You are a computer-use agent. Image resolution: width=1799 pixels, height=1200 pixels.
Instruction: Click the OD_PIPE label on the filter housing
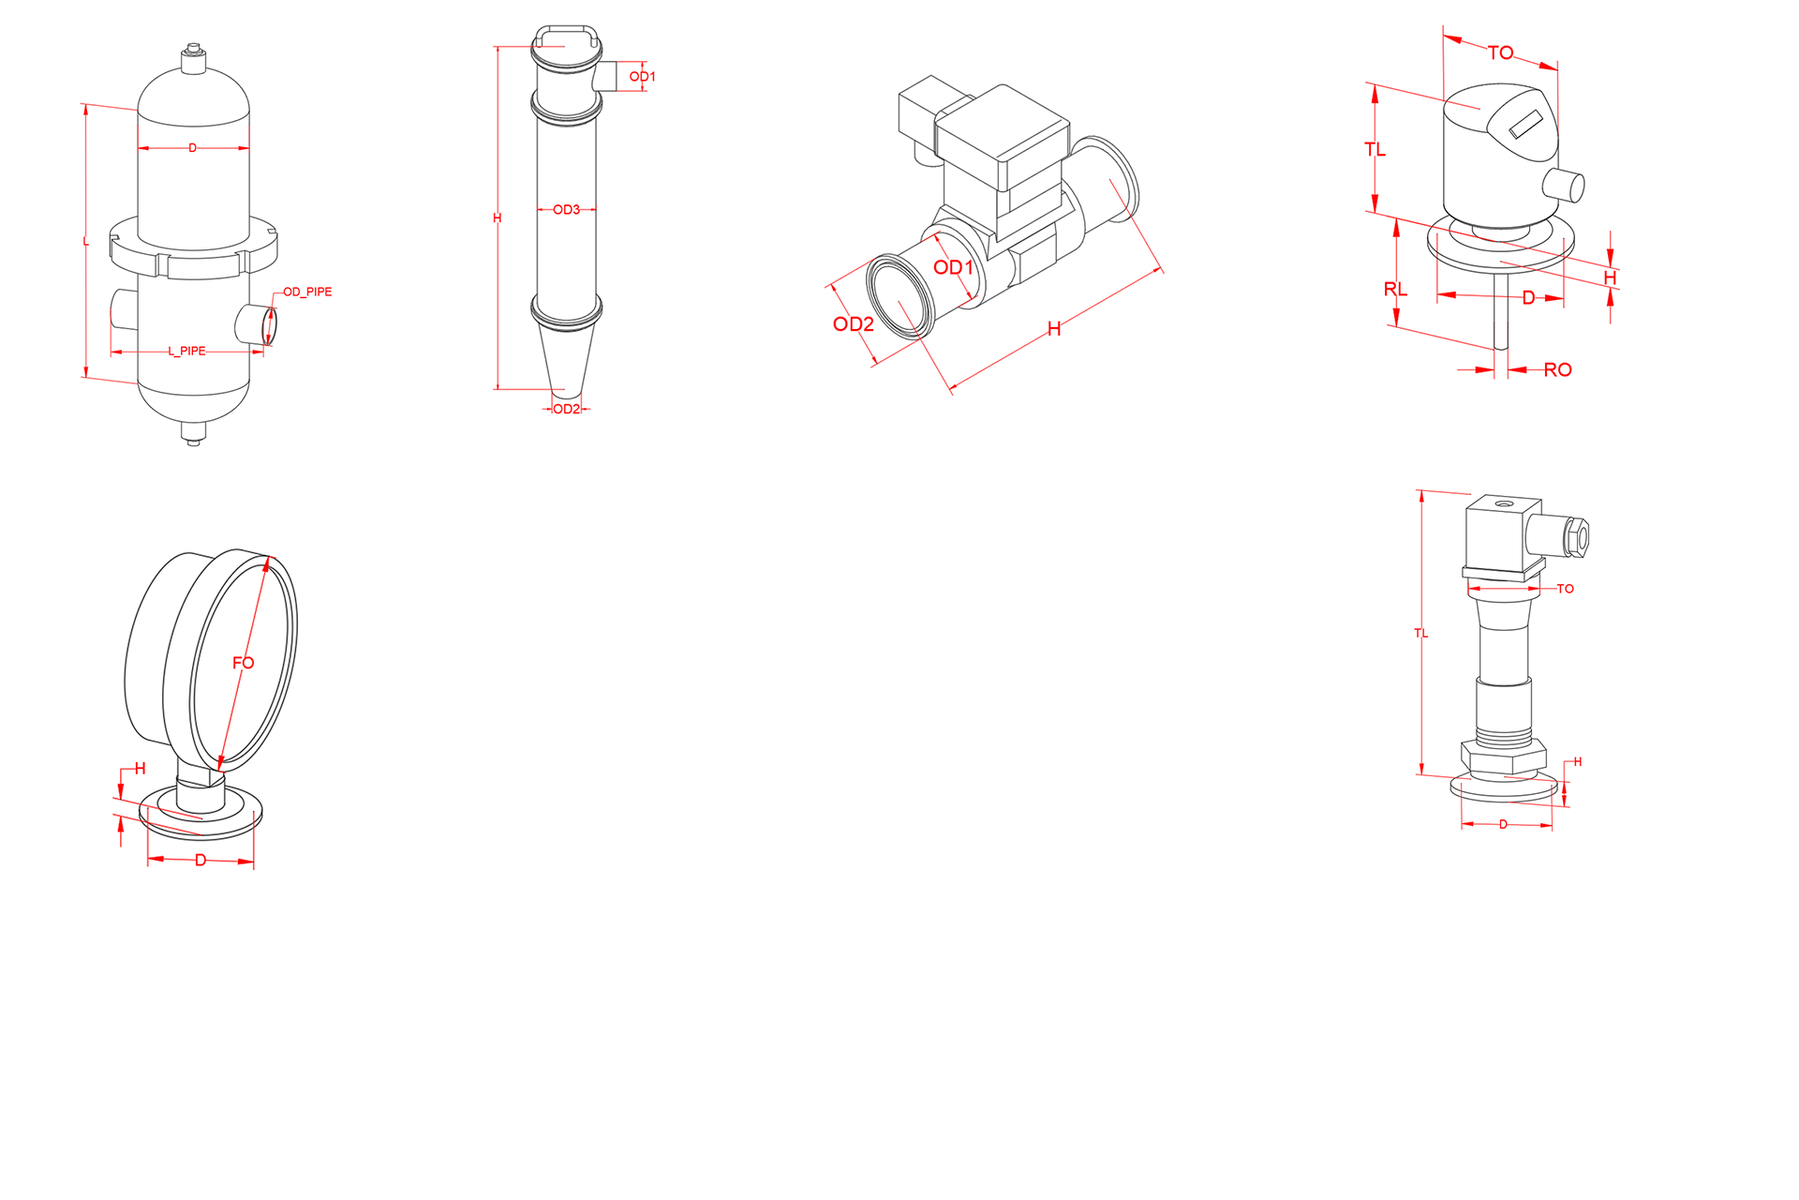click(x=307, y=292)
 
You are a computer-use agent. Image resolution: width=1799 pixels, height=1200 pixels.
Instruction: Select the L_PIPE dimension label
click(x=186, y=351)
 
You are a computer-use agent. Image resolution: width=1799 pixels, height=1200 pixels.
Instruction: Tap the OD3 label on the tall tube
click(x=566, y=209)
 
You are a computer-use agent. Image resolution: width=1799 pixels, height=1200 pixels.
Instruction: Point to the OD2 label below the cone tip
click(x=566, y=409)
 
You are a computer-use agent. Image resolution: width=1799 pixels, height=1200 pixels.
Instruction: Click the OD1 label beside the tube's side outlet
click(x=642, y=76)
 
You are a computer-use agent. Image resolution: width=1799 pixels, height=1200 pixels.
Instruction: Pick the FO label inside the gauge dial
click(x=243, y=663)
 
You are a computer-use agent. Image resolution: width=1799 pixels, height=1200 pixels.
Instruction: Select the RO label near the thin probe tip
click(x=1557, y=369)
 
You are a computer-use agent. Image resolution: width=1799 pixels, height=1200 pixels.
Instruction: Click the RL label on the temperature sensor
click(x=1395, y=289)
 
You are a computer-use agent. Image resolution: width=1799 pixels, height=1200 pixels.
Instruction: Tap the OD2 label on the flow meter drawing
click(x=853, y=324)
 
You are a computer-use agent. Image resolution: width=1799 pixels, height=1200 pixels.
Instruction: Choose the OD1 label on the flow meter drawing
click(x=953, y=267)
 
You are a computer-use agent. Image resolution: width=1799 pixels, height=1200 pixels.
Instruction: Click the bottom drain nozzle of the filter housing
click(x=194, y=433)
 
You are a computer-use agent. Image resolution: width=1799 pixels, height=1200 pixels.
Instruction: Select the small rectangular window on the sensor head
click(x=1525, y=125)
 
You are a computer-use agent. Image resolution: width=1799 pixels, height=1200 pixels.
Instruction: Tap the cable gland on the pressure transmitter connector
click(x=1575, y=537)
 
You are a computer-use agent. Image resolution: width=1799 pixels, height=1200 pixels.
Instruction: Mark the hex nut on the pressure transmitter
click(x=1503, y=757)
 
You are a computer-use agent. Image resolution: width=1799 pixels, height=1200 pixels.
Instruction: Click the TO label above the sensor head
click(x=1500, y=52)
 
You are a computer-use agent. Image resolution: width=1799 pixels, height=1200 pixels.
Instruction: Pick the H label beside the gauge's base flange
click(x=140, y=769)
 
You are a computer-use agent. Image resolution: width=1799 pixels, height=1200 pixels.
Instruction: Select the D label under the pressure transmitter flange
click(x=1503, y=824)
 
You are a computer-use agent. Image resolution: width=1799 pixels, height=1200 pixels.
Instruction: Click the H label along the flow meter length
click(x=1054, y=328)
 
